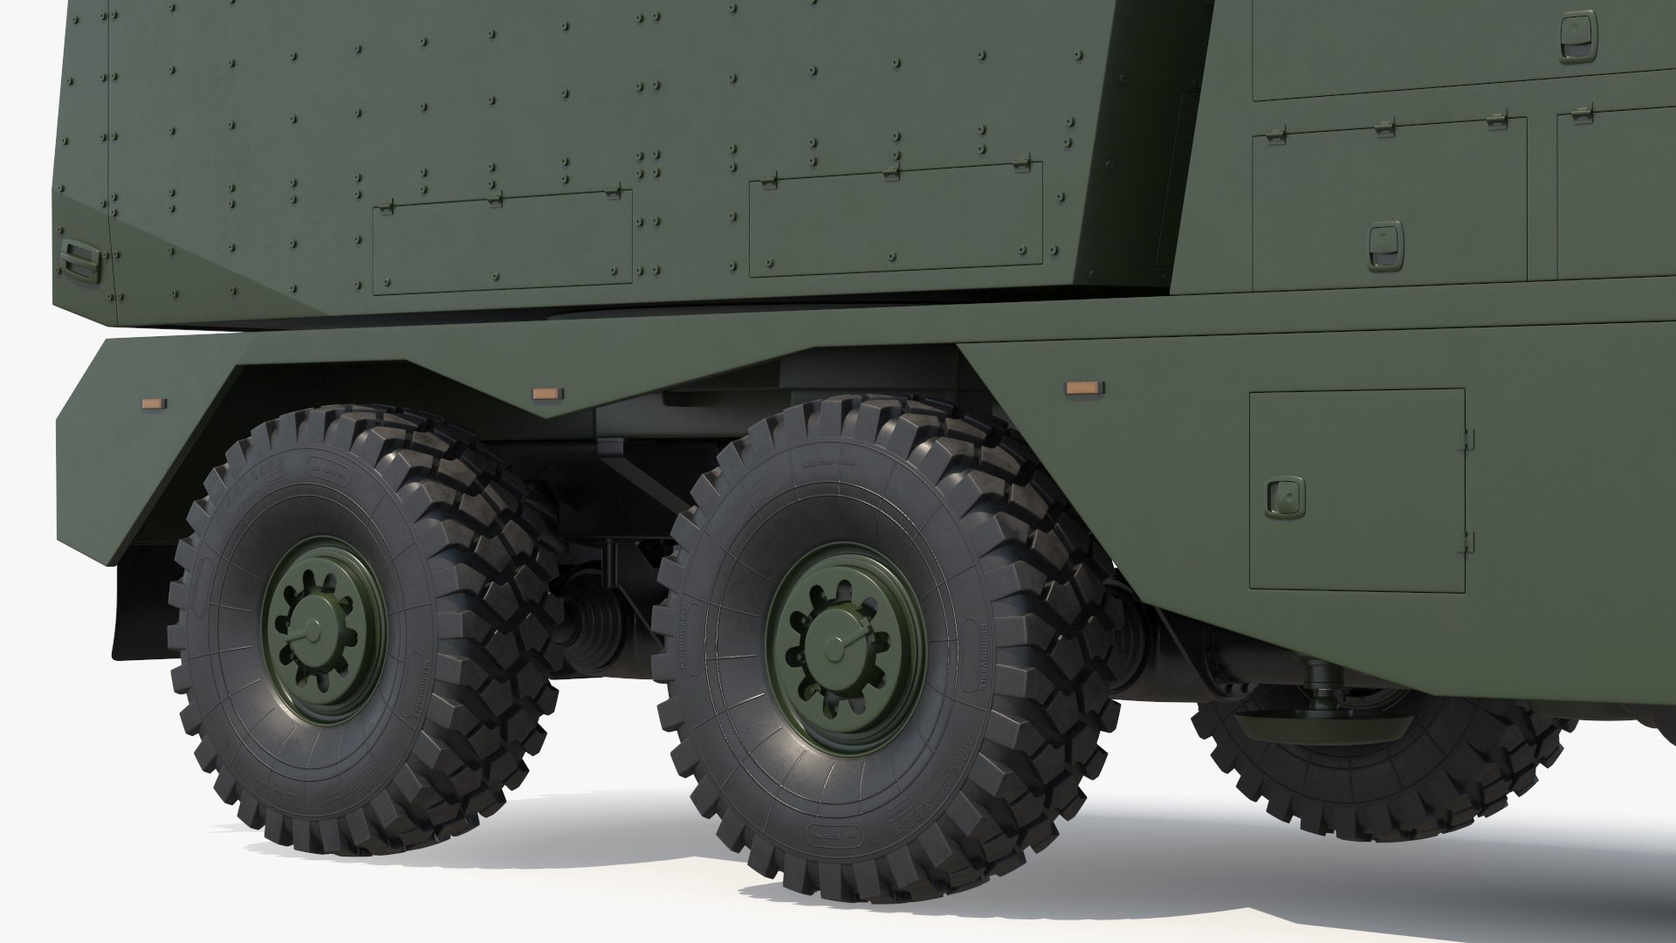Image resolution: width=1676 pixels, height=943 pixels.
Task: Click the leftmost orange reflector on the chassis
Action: [x=154, y=403]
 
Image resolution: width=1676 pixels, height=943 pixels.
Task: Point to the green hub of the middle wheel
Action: [x=845, y=645]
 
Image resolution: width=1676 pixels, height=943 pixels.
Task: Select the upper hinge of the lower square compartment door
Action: [x=1468, y=437]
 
